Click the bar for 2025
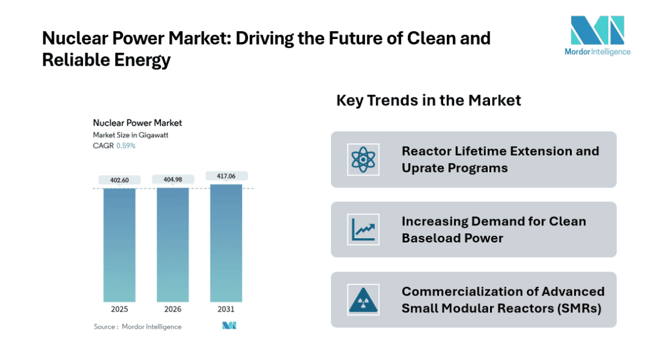pyautogui.click(x=119, y=244)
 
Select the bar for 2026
pyautogui.click(x=173, y=244)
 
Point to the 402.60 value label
pyautogui.click(x=119, y=180)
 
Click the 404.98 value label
pyautogui.click(x=173, y=179)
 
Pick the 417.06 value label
pyautogui.click(x=226, y=176)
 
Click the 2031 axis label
pyautogui.click(x=226, y=309)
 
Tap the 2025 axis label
pyautogui.click(x=119, y=309)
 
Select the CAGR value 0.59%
pyautogui.click(x=126, y=146)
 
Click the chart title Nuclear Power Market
pyautogui.click(x=137, y=123)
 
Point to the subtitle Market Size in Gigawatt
pyautogui.click(x=130, y=135)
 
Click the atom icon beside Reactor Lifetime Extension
pyautogui.click(x=363, y=160)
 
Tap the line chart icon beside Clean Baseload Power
pyautogui.click(x=363, y=230)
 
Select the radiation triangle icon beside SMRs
pyautogui.click(x=363, y=300)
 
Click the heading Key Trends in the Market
pyautogui.click(x=429, y=101)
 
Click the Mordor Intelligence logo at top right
pyautogui.click(x=597, y=35)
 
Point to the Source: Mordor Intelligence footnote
pyautogui.click(x=138, y=326)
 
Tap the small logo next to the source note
pyautogui.click(x=229, y=326)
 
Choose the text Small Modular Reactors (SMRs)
pyautogui.click(x=501, y=308)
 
